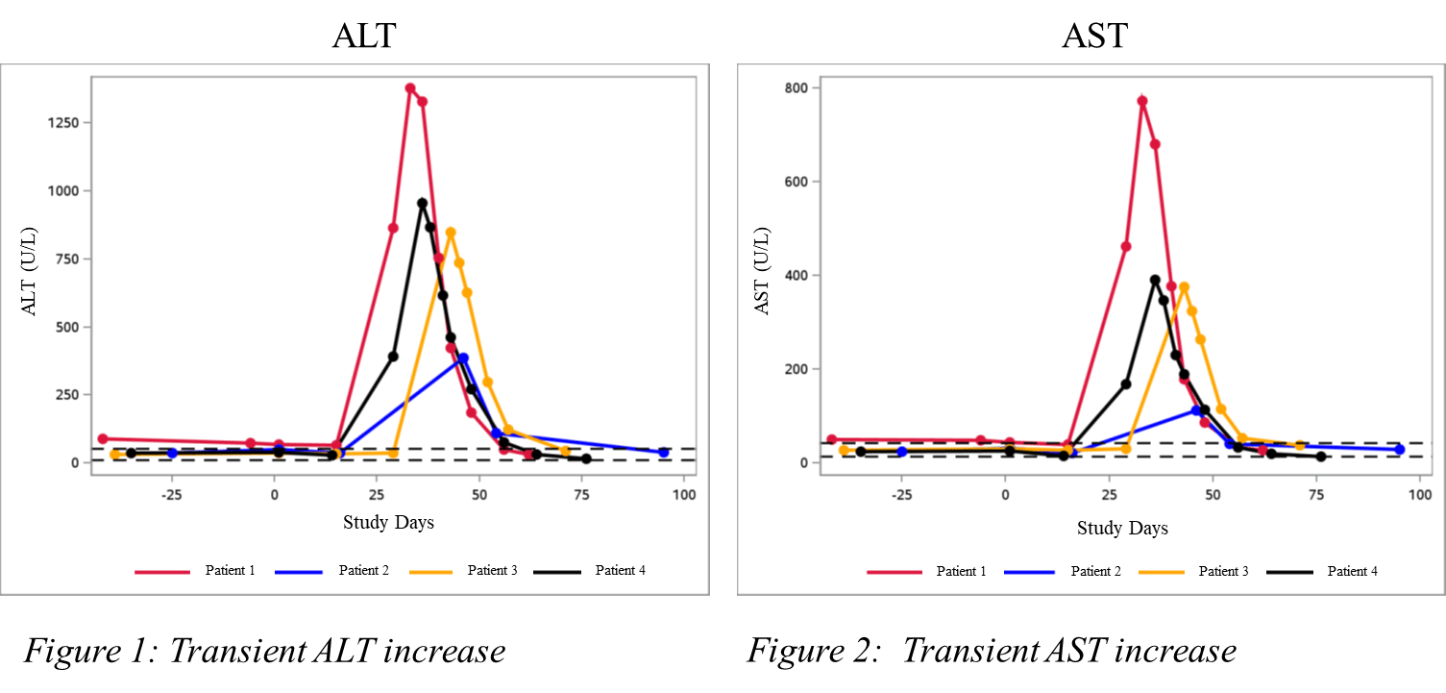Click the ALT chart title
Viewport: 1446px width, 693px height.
click(x=364, y=37)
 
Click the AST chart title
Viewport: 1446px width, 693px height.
click(x=1094, y=37)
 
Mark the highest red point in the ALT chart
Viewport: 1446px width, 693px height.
click(x=410, y=88)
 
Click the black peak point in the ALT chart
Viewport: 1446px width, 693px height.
click(x=422, y=203)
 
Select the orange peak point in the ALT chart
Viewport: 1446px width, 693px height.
click(x=451, y=233)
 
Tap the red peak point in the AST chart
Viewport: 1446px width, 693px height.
click(x=1142, y=101)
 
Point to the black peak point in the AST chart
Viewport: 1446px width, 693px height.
click(x=1155, y=281)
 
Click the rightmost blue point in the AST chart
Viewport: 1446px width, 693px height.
click(x=1400, y=450)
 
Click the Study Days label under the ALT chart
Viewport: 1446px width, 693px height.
click(x=388, y=523)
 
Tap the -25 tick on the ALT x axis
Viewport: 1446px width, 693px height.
click(x=171, y=496)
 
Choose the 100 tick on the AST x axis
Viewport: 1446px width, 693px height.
click(x=1418, y=496)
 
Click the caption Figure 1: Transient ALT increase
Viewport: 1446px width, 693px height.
click(x=264, y=652)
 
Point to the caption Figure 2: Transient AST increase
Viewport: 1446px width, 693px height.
click(x=992, y=652)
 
